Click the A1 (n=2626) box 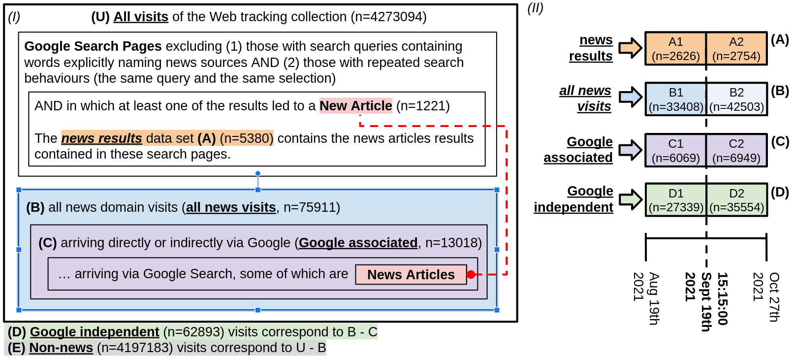coord(675,49)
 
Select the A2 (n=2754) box coord(736,49)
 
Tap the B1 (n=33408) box coord(675,99)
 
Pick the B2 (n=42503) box coord(736,99)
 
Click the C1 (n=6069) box coord(675,150)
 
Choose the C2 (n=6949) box coord(736,150)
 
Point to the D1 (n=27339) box coord(675,200)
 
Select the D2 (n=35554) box coord(736,200)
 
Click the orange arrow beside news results coord(630,48)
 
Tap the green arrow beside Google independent coord(630,199)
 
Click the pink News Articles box coord(411,275)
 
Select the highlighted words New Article coord(355,106)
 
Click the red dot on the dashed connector coord(471,275)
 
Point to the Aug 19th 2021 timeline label coord(646,298)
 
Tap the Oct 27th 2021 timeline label coord(766,297)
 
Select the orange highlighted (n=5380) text coord(246,138)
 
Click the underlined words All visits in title coord(141,17)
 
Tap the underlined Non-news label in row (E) coord(61,348)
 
